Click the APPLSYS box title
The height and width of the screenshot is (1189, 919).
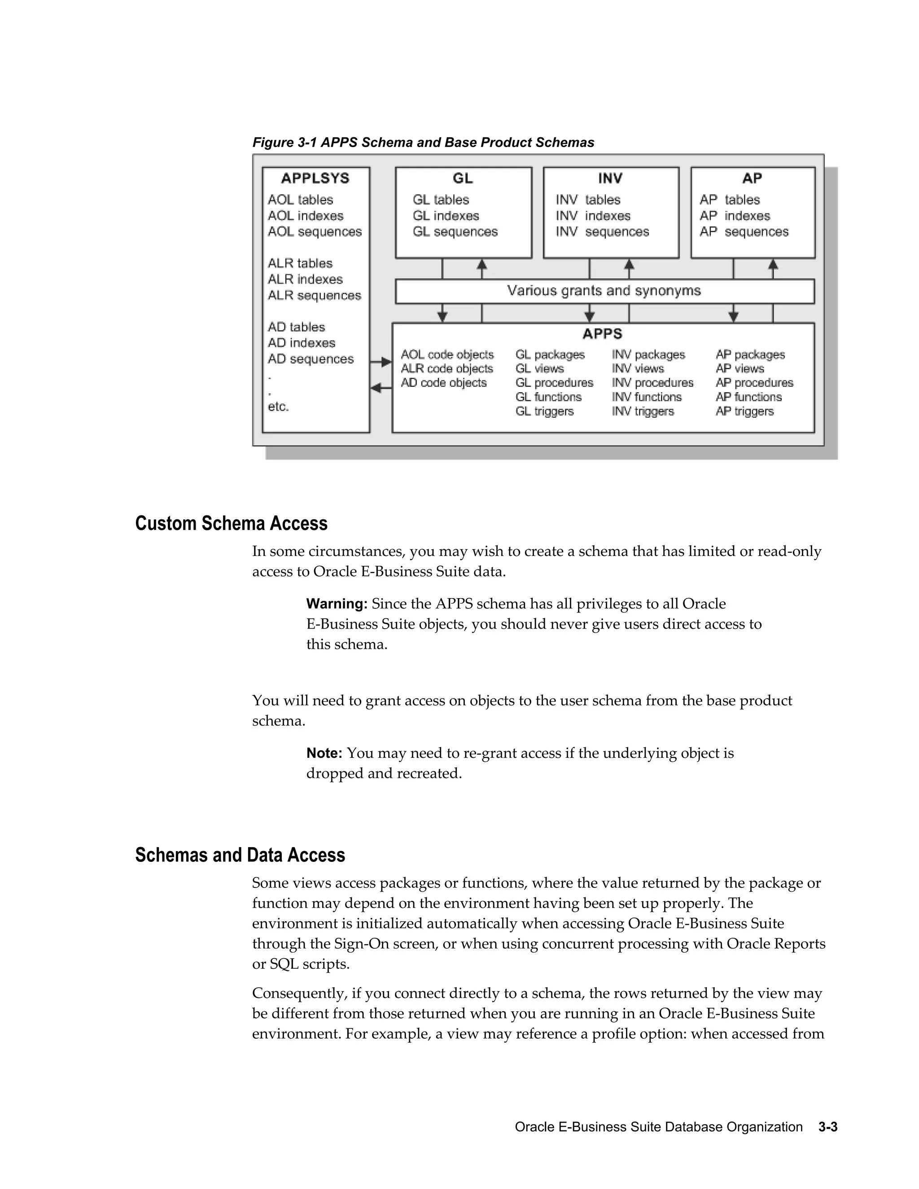(x=315, y=178)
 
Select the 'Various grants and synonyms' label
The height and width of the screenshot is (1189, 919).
(x=604, y=291)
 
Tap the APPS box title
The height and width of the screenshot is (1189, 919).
(x=602, y=334)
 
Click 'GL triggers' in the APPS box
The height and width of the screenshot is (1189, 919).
(x=544, y=411)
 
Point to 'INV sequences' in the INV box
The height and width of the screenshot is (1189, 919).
(x=602, y=232)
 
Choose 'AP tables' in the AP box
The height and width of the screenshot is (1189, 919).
(x=730, y=200)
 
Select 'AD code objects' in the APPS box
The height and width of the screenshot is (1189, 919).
(x=444, y=383)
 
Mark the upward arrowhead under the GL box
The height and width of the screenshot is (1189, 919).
(x=482, y=265)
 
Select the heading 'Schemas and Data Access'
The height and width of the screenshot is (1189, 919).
(x=240, y=855)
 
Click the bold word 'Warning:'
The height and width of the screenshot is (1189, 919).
(x=337, y=604)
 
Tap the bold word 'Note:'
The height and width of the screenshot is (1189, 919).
(x=324, y=753)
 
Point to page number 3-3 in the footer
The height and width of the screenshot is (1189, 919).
(x=827, y=1127)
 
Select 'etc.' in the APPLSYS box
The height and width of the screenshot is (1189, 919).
(x=278, y=407)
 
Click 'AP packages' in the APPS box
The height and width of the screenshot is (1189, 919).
(x=750, y=355)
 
